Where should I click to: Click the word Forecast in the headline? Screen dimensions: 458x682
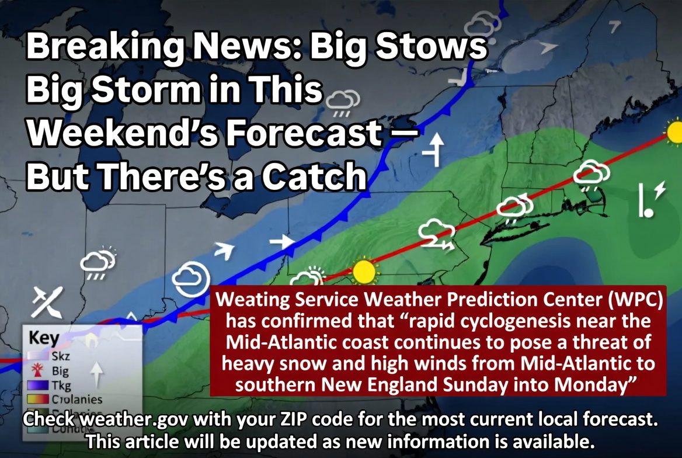coord(304,134)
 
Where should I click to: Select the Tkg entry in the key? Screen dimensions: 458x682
coord(60,385)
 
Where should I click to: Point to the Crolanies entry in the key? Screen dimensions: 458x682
coord(76,400)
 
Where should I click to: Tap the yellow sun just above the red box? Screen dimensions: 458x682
coord(364,272)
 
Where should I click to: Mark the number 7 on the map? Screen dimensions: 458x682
coord(614,26)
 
